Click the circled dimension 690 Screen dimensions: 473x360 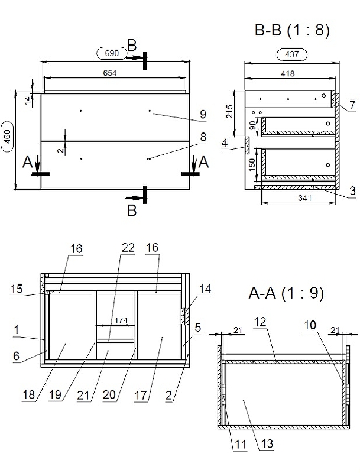113,54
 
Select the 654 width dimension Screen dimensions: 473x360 110,73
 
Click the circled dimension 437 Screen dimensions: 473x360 292,55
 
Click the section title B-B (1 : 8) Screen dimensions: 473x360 291,30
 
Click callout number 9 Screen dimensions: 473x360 202,114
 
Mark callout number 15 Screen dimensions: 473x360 17,289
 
